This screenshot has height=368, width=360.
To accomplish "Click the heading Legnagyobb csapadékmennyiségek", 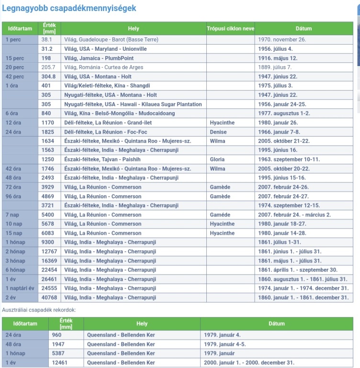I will pyautogui.click(x=69, y=9).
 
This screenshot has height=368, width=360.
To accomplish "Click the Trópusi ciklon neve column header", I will pyautogui.click(x=230, y=29).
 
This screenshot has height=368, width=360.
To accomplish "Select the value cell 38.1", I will pyautogui.click(x=47, y=40).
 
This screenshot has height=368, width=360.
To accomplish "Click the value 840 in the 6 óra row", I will pyautogui.click(x=46, y=114).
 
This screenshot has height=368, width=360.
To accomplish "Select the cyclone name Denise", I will pyautogui.click(x=218, y=132).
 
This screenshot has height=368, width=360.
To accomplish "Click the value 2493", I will pyautogui.click(x=48, y=178).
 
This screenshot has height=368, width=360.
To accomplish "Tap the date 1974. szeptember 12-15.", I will pyautogui.click(x=289, y=206).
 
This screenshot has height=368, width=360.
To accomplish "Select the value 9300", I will pyautogui.click(x=48, y=242).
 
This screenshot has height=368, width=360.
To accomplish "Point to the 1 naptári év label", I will pyautogui.click(x=21, y=288).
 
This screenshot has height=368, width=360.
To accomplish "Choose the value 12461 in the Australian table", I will pyautogui.click(x=60, y=363).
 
